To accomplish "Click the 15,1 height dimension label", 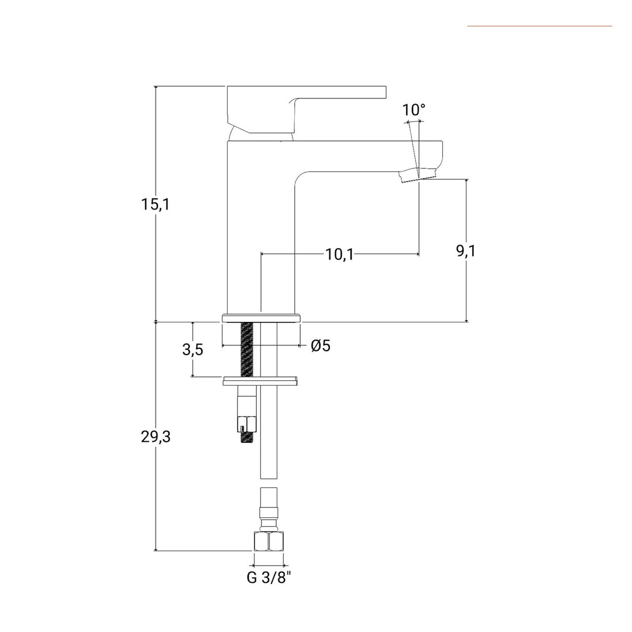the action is (155, 204).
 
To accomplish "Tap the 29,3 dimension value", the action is (156, 437).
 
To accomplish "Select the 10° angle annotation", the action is (414, 109).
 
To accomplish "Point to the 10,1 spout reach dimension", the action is (339, 255).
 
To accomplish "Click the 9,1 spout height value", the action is (466, 251).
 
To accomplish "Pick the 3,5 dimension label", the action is (193, 349).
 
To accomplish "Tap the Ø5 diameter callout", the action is (321, 345).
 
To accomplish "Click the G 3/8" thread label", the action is (269, 578).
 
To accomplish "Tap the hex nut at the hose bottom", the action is (269, 541).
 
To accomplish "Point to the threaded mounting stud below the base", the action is (247, 349).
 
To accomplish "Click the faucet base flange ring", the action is (261, 318).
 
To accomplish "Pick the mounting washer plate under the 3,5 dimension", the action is (260, 381).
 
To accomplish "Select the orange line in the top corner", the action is (540, 26).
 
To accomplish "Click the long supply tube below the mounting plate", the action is (269, 432).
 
